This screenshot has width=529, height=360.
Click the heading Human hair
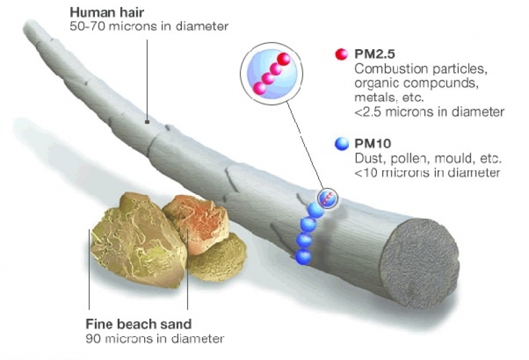point(106,13)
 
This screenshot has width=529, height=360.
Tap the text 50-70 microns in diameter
point(149,26)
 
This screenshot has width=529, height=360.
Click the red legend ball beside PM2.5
point(341,54)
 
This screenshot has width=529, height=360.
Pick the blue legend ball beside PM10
point(342,144)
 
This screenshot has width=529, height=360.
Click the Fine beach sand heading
point(138,324)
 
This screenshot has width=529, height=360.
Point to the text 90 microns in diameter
point(155,338)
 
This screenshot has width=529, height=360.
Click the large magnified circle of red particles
point(271,73)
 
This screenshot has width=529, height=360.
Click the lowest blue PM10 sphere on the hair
point(303,257)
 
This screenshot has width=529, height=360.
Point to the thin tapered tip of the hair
point(27,25)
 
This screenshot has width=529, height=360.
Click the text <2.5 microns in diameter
point(429,111)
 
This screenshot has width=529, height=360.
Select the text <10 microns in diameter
point(427,173)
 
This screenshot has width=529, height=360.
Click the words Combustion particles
point(421,69)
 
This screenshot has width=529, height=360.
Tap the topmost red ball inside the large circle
point(284,59)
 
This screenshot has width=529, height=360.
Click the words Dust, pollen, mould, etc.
point(428,158)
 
